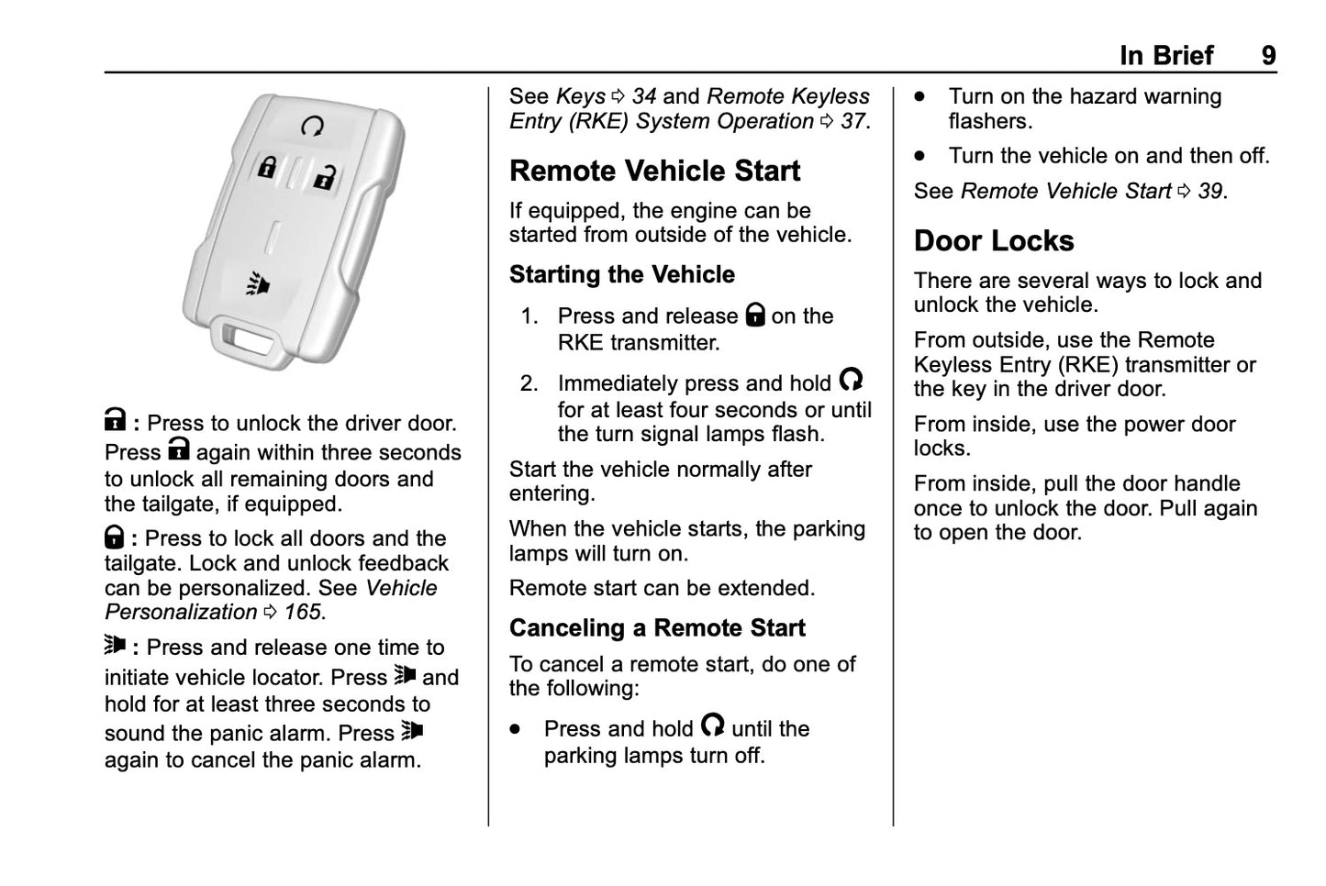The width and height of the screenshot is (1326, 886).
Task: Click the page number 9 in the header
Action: click(x=1267, y=56)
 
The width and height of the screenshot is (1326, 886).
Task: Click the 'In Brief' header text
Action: click(x=1165, y=56)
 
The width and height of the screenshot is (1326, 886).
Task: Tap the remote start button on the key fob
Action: click(x=312, y=126)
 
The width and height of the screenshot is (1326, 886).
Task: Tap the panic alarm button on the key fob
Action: click(x=259, y=285)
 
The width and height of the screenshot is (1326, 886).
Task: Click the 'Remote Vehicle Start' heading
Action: click(x=654, y=172)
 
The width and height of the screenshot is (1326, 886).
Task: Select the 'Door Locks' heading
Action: click(x=993, y=241)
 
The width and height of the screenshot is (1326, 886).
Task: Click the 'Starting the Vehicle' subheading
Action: click(x=621, y=275)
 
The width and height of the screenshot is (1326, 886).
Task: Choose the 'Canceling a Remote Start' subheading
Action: click(x=656, y=628)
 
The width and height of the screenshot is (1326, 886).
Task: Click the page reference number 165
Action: click(x=303, y=613)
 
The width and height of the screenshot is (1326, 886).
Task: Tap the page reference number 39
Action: click(x=1210, y=192)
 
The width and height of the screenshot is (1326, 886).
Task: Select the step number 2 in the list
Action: click(x=528, y=383)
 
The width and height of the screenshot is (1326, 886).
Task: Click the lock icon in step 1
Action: click(x=754, y=316)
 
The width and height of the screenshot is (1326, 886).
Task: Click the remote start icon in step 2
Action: click(x=851, y=380)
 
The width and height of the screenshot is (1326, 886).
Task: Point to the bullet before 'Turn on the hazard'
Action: click(x=919, y=97)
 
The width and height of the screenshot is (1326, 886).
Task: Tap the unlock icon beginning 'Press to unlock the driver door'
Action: click(x=115, y=421)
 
